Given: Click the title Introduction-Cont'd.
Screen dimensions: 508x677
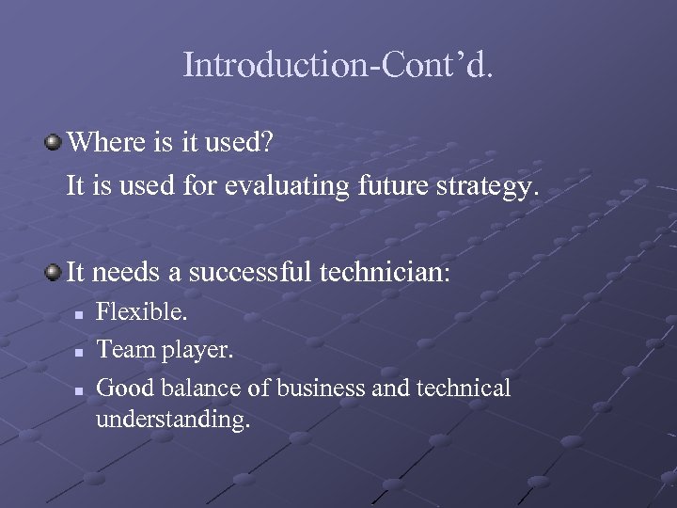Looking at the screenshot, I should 338,65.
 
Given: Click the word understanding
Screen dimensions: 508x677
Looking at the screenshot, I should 173,419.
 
